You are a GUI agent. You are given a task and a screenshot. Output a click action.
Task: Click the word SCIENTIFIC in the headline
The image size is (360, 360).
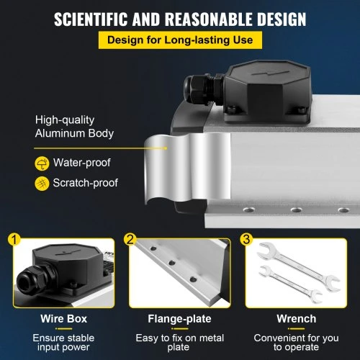pos(91,19)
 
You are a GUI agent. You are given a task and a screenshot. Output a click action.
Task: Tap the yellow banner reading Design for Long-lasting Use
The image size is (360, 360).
pos(180,40)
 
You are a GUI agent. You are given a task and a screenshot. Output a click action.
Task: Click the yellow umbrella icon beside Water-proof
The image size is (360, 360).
pos(42,163)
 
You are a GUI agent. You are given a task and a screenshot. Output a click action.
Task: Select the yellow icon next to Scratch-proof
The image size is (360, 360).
pos(42,184)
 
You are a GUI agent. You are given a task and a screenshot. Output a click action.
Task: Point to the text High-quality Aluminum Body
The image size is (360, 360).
pos(74,127)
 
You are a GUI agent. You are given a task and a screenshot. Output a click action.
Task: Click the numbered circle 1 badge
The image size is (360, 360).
pos(14,239)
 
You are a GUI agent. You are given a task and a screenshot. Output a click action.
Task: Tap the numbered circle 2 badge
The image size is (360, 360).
pos(130,239)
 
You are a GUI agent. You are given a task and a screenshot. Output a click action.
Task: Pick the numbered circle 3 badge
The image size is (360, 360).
pos(246,239)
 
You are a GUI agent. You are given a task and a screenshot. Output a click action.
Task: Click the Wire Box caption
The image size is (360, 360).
pos(63,319)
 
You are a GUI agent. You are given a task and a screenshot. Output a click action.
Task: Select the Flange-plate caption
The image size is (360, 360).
pos(179,319)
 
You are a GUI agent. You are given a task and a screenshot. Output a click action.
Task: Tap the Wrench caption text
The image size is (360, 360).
pos(297,319)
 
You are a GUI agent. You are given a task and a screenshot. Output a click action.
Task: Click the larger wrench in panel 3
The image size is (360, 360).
pos(298,266)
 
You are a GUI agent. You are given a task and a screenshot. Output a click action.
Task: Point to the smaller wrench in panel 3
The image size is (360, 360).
pos(290,283)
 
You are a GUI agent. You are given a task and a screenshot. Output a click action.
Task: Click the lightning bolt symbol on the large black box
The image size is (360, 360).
pos(271,73)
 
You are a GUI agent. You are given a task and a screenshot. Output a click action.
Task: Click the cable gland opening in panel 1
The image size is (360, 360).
pos(24,282)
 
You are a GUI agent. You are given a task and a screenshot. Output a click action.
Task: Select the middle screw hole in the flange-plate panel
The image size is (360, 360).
pos(172,263)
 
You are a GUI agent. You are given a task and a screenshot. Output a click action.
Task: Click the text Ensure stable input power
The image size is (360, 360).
pos(63,343)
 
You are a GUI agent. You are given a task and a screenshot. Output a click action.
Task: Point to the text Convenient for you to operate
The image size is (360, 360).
pos(297,343)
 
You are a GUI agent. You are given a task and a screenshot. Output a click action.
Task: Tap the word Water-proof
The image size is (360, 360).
pos(81,163)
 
